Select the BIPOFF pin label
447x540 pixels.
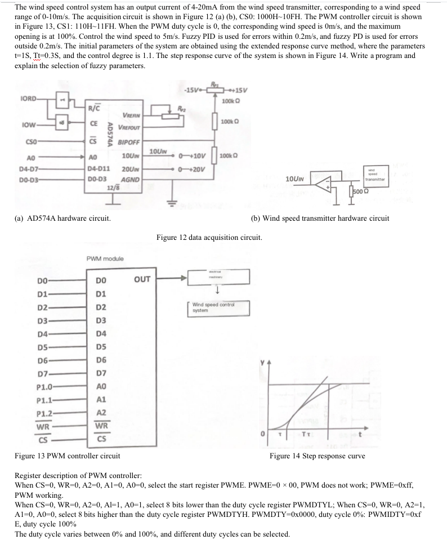click(129, 142)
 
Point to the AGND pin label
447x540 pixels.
click(130, 179)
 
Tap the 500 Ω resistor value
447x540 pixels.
click(360, 191)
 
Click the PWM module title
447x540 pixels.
click(105, 258)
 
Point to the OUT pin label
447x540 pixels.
click(142, 279)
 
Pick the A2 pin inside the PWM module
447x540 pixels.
click(101, 413)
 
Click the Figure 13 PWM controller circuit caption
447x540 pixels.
click(67, 456)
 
